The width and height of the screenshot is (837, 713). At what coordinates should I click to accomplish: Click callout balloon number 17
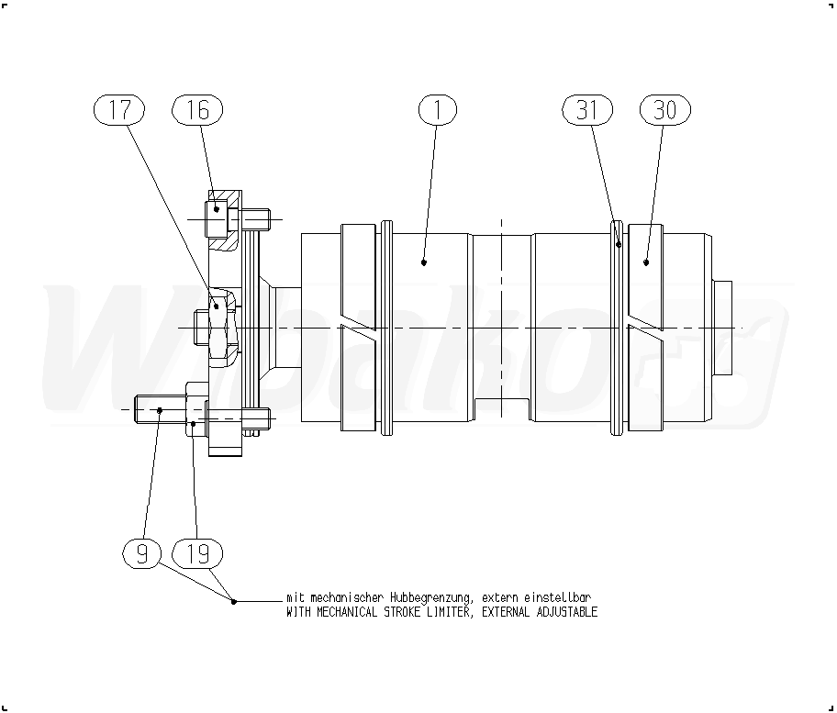(x=119, y=110)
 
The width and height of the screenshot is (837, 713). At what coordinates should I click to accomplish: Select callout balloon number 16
(x=197, y=110)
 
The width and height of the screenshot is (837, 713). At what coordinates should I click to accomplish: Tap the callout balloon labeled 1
(x=438, y=110)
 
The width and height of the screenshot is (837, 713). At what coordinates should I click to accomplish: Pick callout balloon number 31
(x=587, y=110)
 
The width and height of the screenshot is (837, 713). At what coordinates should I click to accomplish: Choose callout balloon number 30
(x=665, y=110)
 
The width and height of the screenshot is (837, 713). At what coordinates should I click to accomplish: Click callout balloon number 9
(x=142, y=553)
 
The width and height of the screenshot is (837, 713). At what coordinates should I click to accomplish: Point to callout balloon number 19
(x=197, y=553)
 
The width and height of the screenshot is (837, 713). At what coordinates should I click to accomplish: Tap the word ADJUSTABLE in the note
(x=566, y=612)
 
